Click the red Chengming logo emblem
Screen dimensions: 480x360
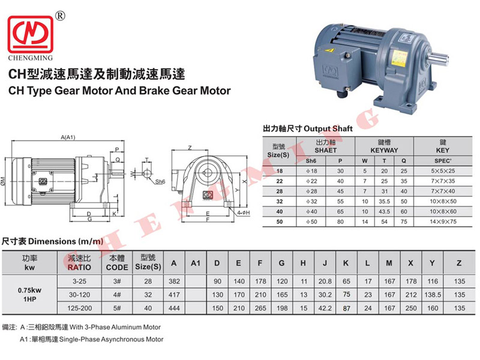coord(31,34)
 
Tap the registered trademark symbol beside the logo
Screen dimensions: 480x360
coord(61,16)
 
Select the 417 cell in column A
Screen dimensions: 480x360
coord(174,295)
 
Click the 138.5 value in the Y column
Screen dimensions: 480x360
coord(433,295)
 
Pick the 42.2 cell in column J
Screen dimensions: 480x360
coord(325,308)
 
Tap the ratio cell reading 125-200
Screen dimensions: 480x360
coord(80,308)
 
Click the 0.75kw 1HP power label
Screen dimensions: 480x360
coord(29,295)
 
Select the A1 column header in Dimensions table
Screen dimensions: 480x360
coord(196,263)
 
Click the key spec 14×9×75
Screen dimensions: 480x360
coord(443,221)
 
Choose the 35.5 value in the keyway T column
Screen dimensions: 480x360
coord(384,202)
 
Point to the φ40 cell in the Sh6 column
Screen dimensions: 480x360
coord(311,212)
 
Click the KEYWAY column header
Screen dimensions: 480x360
coord(384,151)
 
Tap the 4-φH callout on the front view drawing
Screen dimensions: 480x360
coord(244,213)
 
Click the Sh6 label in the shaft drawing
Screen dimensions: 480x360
coord(160,182)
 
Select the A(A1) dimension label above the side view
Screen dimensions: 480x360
coord(68,137)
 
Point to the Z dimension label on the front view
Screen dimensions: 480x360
coord(190,148)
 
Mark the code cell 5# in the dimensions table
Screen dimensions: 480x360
coord(117,308)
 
